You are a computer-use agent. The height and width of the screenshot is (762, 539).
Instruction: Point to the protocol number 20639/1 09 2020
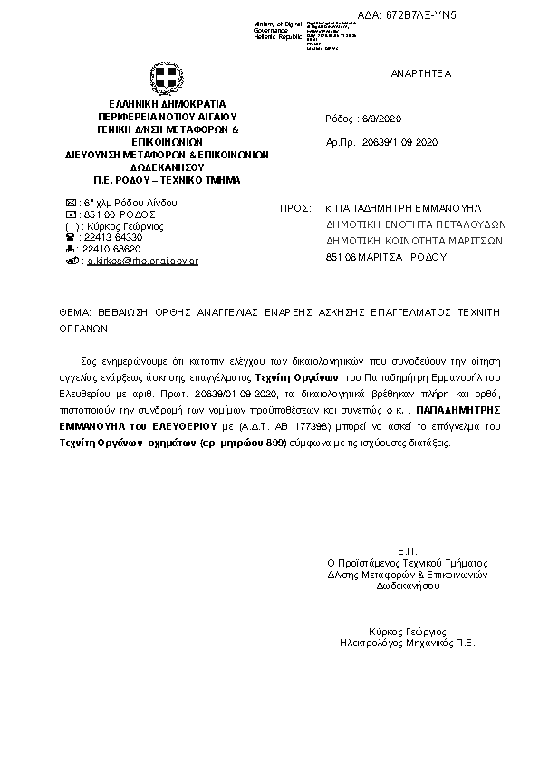pos(399,142)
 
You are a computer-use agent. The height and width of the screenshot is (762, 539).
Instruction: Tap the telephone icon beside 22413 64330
pos(72,237)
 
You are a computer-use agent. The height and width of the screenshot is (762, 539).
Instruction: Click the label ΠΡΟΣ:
pos(295,207)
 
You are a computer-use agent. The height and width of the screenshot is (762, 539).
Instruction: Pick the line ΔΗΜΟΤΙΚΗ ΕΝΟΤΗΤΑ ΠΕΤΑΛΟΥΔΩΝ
pos(415,224)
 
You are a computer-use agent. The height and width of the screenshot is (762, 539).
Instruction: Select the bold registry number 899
pos(275,443)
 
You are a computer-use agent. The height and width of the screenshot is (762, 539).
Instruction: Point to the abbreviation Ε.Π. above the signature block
pos(406,551)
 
